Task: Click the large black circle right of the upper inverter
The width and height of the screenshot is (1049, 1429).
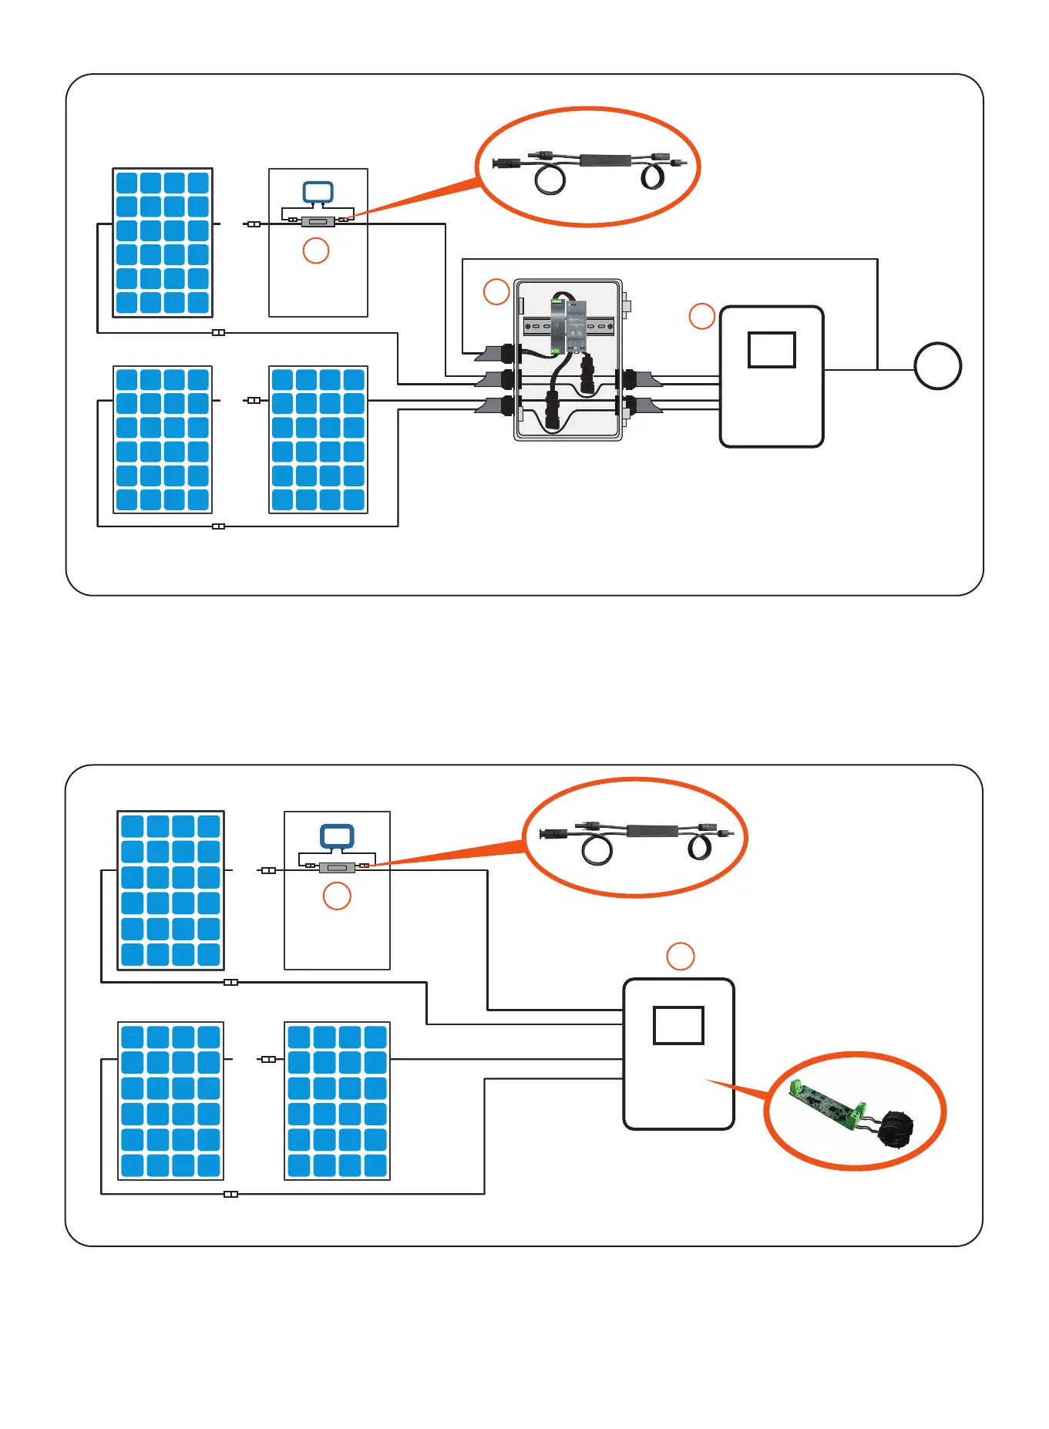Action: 937,366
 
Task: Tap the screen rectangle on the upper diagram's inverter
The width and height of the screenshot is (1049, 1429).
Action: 772,350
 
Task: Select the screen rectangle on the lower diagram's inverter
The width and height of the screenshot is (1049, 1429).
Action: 678,1025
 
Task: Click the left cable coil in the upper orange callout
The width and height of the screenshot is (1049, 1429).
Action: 550,180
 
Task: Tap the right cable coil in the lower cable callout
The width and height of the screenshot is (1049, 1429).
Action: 701,847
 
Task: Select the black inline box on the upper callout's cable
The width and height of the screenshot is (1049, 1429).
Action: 605,160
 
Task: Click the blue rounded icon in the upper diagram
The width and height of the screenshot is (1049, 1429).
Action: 318,193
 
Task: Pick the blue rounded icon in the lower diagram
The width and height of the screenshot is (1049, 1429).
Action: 337,836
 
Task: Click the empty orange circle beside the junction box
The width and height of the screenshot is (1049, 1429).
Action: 496,291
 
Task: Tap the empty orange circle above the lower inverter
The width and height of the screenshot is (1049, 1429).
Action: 680,957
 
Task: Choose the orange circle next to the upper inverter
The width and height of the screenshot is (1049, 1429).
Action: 701,316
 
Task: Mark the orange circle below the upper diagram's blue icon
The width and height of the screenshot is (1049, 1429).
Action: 316,250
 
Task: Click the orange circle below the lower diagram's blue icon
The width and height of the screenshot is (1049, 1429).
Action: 337,896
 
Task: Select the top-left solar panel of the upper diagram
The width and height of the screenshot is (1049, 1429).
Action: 163,243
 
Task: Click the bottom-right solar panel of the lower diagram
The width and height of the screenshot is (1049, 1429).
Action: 337,1101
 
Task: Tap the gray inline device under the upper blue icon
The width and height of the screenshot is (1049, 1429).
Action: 317,222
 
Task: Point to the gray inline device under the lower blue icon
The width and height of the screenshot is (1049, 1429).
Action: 337,868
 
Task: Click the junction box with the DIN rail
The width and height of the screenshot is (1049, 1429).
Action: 568,360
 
